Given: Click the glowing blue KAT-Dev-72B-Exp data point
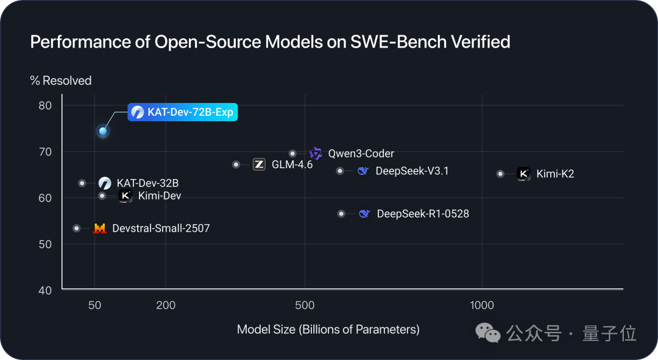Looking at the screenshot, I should pyautogui.click(x=103, y=131).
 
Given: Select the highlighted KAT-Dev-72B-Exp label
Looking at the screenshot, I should pyautogui.click(x=182, y=112).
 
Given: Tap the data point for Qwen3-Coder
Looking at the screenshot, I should pyautogui.click(x=292, y=154).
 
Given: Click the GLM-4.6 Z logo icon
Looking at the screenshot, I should pyautogui.click(x=259, y=164).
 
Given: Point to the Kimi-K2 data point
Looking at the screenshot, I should pyautogui.click(x=500, y=174).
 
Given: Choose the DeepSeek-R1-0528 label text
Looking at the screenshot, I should pyautogui.click(x=423, y=214).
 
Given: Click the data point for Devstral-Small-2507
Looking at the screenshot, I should pyautogui.click(x=77, y=228).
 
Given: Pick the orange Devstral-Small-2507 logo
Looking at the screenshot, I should pyautogui.click(x=99, y=228).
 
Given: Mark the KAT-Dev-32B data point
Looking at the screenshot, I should pyautogui.click(x=82, y=183).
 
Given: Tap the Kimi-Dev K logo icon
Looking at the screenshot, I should pyautogui.click(x=126, y=196).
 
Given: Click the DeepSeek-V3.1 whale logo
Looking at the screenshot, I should pyautogui.click(x=363, y=171).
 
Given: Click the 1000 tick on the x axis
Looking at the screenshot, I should pyautogui.click(x=481, y=305).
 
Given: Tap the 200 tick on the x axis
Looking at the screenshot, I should pyautogui.click(x=166, y=305).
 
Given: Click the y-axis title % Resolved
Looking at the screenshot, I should pyautogui.click(x=61, y=80).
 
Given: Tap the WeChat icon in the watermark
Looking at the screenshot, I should pyautogui.click(x=488, y=333).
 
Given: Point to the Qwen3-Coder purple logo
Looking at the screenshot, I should pyautogui.click(x=316, y=154).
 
